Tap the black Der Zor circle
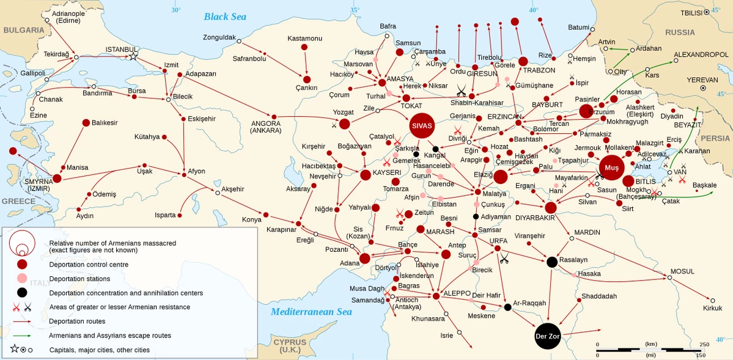[547, 337]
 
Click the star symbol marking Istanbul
[133, 56]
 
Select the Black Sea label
[225, 17]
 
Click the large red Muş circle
[612, 166]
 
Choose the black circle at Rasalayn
[551, 262]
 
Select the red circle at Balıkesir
[86, 123]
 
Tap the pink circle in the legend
[22, 278]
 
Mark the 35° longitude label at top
[355, 10]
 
